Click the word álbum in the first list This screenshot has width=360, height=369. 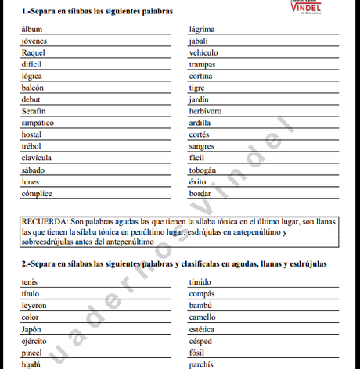point(32,29)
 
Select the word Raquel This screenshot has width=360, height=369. point(34,52)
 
